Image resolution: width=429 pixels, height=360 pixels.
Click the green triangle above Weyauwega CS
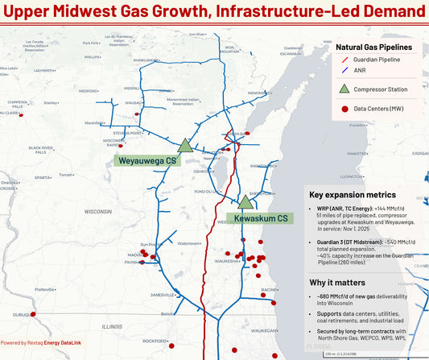pyautogui.click(x=184, y=145)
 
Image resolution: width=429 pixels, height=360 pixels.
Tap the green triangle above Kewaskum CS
pyautogui.click(x=245, y=201)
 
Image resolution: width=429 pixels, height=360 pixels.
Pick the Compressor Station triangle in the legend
pyautogui.click(x=344, y=89)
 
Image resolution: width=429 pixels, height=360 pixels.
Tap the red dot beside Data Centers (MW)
pyautogui.click(x=344, y=108)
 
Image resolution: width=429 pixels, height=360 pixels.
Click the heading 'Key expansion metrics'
pyautogui.click(x=353, y=195)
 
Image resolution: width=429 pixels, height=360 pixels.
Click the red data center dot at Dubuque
pyautogui.click(x=38, y=315)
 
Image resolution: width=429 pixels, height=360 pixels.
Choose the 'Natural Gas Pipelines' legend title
pyautogui.click(x=377, y=47)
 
